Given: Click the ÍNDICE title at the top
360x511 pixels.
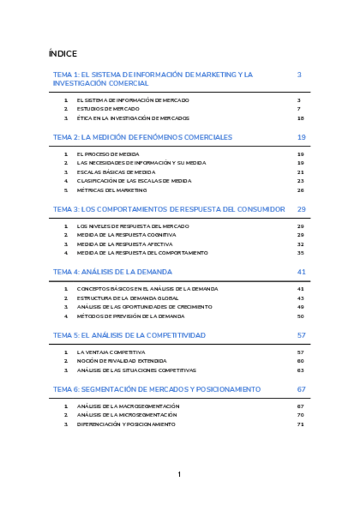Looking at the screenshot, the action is point(63,54).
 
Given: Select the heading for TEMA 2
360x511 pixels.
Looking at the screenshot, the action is point(143,137).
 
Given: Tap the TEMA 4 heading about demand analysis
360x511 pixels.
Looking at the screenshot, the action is point(113,272).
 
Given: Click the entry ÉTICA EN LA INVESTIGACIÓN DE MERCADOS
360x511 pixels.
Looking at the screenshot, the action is point(133,119).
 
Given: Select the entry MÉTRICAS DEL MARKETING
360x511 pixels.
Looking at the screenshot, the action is point(112,190).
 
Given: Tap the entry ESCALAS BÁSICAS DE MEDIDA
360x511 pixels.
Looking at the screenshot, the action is point(116,172).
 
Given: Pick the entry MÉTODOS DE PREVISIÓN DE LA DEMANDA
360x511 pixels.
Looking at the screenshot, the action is point(131,316).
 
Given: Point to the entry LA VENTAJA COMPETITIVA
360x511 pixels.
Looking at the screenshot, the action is point(111,352).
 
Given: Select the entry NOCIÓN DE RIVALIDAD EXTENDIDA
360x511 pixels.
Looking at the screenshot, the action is point(122,361).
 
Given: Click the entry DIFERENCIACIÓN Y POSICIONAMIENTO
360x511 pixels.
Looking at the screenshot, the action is point(126,424).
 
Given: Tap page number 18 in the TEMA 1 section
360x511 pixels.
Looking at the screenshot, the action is point(301,119).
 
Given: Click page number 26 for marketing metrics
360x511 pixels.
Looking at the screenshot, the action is point(301,190).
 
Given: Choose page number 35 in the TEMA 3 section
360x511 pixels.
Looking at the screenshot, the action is point(301,253).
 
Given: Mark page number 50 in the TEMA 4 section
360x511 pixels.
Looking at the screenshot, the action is point(301,316).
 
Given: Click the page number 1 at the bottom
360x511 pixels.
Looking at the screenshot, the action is point(179,474).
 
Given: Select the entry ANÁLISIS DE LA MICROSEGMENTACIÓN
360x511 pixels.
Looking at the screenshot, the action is point(127,415).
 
